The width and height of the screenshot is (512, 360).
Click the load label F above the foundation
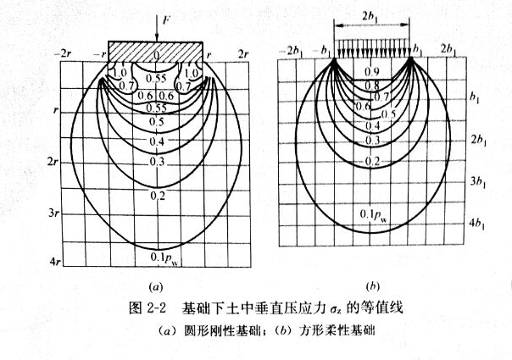[x=166, y=20]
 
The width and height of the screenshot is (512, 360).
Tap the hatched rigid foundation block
[x=155, y=52]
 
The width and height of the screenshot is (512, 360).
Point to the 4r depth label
[x=55, y=262]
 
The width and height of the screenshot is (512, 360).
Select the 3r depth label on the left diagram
[x=53, y=213]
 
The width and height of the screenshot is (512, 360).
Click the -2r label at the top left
[x=63, y=54]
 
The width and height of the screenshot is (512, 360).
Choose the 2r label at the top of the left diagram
[x=243, y=54]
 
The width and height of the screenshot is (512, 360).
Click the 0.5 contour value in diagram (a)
[x=157, y=122]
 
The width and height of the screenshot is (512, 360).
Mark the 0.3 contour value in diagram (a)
[x=158, y=161]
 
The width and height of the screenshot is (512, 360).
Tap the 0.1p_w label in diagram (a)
[x=166, y=258]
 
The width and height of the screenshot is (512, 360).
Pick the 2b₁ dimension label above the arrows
[x=370, y=17]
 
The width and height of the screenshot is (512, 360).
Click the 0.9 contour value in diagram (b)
[x=372, y=72]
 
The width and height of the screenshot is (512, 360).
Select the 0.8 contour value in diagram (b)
[x=372, y=86]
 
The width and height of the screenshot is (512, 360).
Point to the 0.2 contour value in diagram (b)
[x=372, y=161]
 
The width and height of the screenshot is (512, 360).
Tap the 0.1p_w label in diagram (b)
[x=375, y=215]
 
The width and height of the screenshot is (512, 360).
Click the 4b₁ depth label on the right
[x=477, y=224]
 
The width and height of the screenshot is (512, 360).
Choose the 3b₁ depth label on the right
[x=478, y=182]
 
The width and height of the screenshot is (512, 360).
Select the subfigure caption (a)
[x=155, y=287]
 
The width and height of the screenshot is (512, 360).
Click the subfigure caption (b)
[x=373, y=287]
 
